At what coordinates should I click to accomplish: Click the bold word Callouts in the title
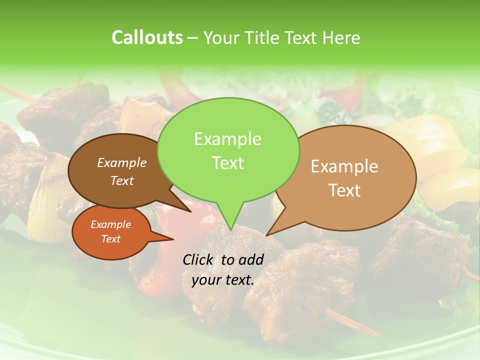[x=147, y=37]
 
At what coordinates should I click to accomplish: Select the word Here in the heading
[x=341, y=37]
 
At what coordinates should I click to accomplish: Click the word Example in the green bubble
[x=227, y=139]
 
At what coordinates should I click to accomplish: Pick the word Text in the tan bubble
[x=344, y=190]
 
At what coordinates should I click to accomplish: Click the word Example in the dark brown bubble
[x=121, y=162]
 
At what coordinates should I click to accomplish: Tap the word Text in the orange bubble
[x=110, y=239]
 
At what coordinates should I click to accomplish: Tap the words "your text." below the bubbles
[x=222, y=280]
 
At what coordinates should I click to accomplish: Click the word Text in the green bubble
[x=227, y=163]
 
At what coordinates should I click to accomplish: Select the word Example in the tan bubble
[x=344, y=166]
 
